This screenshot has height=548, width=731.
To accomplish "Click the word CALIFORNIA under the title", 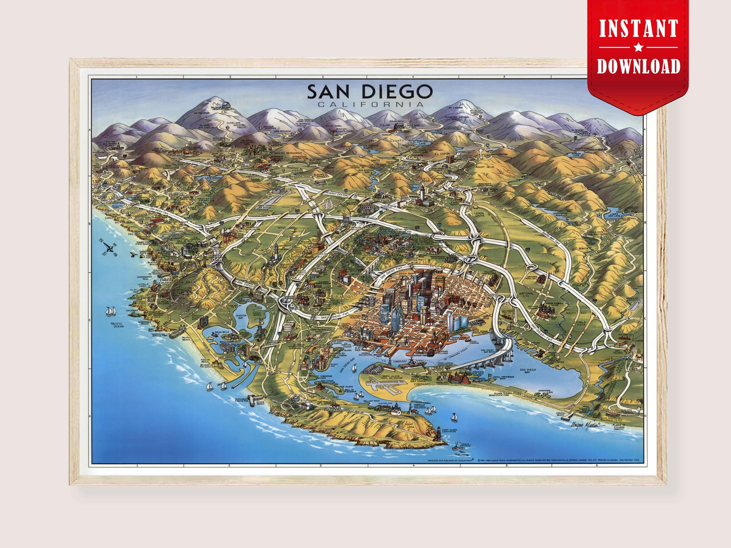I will pos(370,105).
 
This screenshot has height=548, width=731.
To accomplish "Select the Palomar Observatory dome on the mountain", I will pos(226,104).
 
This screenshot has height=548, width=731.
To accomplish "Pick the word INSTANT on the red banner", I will pos(638,29).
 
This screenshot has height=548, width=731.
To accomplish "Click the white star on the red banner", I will pos(638,48).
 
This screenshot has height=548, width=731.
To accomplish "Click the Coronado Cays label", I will pos(544,392).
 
